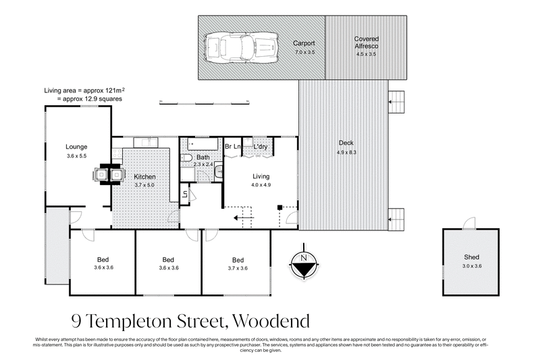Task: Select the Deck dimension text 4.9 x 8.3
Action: pos(345,153)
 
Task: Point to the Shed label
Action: pos(471,257)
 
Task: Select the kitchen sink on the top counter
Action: pos(146,143)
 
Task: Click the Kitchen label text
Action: pos(144,176)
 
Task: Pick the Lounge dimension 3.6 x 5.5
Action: pos(77,156)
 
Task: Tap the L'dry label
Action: pos(261,147)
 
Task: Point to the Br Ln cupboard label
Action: pos(233,147)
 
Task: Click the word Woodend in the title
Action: pos(269,319)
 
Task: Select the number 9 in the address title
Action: pos(77,319)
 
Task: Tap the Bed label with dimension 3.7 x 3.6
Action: pos(238,259)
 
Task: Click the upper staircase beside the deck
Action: pos(397,102)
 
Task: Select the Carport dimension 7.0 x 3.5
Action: pos(304,51)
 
